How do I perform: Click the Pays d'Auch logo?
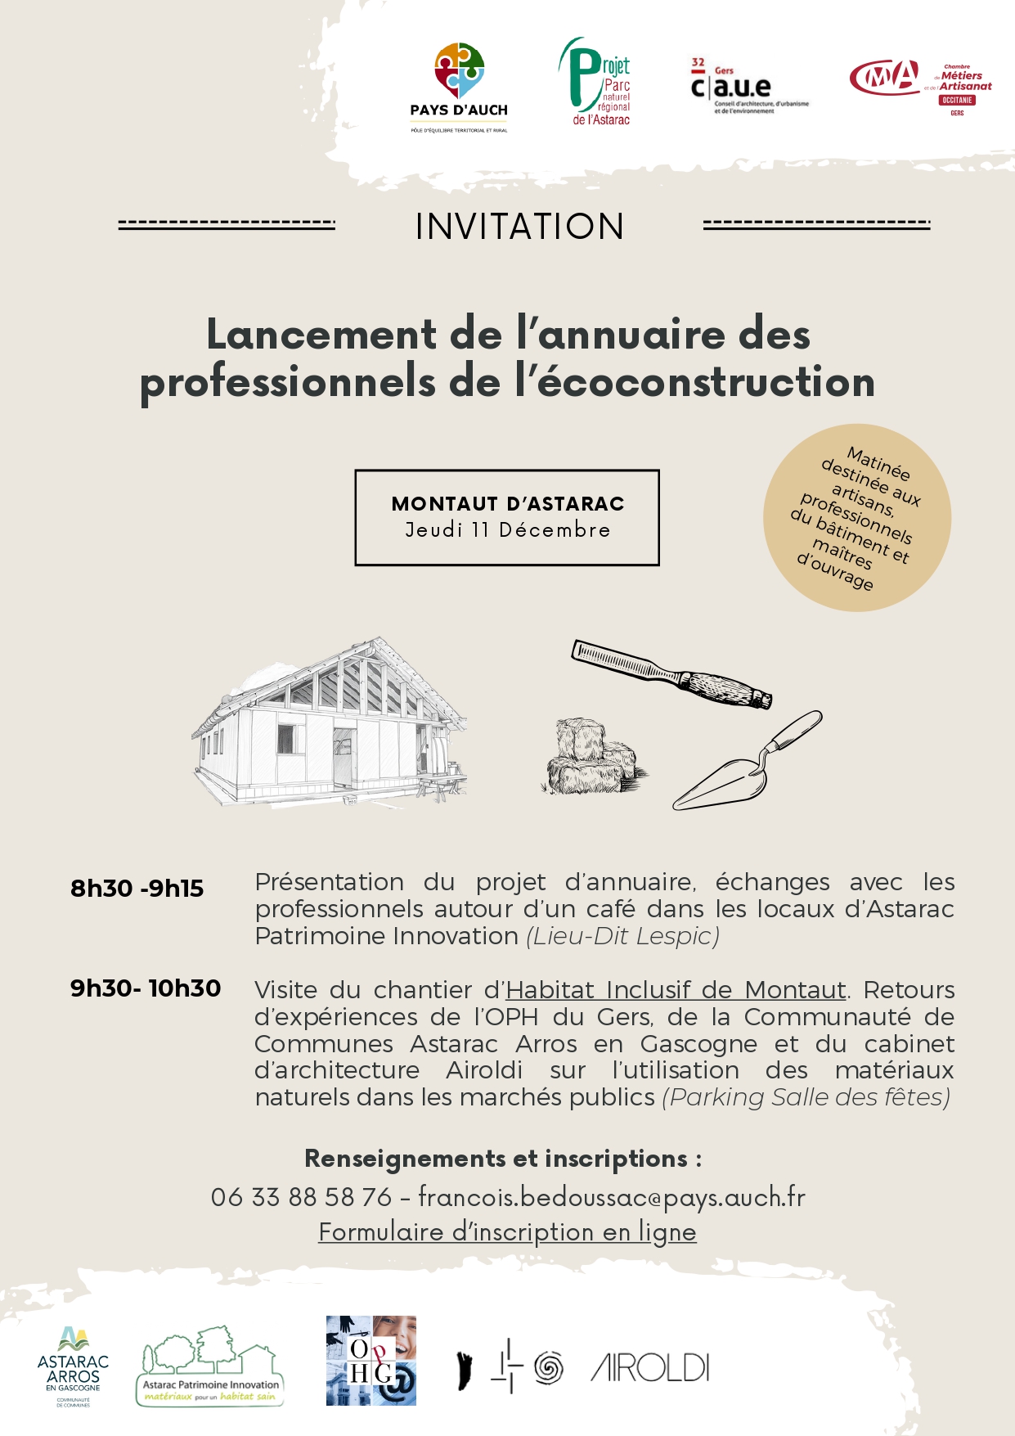point(459,87)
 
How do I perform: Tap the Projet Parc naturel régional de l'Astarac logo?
point(595,82)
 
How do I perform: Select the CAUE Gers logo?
point(747,86)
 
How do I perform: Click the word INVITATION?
point(519,227)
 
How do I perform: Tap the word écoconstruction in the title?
point(705,382)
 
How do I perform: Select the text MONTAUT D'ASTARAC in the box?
point(507,503)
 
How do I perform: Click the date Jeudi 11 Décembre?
point(507,530)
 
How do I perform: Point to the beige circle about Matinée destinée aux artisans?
point(856,517)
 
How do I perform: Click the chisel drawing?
point(671,673)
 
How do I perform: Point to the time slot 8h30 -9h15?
point(137,889)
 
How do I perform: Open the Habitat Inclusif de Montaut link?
point(676,990)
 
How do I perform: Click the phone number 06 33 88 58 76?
point(301,1197)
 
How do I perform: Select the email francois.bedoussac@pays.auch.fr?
point(612,1197)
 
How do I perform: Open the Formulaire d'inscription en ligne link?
point(507,1232)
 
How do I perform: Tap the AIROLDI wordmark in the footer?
point(650,1368)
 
